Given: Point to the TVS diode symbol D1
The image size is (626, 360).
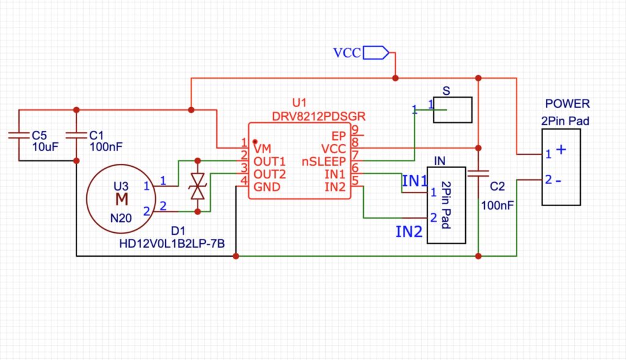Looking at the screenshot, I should (197, 186).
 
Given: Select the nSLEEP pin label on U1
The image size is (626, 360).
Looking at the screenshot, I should (325, 161).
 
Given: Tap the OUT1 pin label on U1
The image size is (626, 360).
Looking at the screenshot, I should (270, 161).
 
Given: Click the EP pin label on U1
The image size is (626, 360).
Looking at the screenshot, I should (339, 136).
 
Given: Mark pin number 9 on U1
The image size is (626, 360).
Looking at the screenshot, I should (354, 130).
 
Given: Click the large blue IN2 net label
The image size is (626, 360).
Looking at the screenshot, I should (409, 232).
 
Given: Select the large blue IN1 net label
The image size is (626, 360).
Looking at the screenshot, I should (415, 181).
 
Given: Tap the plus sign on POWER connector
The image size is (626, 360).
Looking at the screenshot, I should (561, 150).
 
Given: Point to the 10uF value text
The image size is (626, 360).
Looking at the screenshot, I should (44, 147).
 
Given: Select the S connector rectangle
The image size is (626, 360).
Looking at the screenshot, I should (452, 110).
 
